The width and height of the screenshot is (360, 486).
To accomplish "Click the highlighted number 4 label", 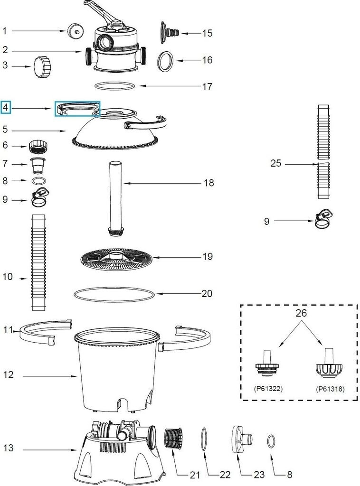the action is (6, 108).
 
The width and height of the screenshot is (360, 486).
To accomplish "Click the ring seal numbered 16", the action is (165, 61).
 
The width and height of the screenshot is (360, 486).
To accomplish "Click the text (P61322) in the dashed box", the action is (268, 388).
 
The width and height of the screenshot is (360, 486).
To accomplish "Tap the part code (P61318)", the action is (330, 388).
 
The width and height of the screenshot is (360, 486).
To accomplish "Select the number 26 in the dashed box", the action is (301, 313).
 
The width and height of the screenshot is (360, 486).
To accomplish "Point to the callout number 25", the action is (275, 164).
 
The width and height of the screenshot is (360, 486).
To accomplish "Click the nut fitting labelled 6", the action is (38, 145).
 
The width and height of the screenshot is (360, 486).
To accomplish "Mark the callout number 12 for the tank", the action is (8, 375).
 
